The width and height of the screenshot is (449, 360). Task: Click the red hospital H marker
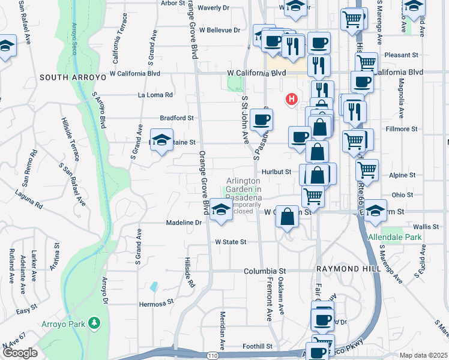[292, 98]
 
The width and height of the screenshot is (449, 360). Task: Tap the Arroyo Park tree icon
[94, 324]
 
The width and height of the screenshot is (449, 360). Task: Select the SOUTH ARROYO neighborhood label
[73, 77]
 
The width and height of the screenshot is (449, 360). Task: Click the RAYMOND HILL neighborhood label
[349, 269]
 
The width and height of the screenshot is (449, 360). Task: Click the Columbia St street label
[265, 271]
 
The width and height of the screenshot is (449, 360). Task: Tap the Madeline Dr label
[184, 223]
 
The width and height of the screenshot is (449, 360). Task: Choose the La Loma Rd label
[155, 95]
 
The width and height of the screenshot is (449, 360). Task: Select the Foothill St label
[258, 346]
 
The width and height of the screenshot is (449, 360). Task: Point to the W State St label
[231, 242]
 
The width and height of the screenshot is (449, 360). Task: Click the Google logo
[20, 353]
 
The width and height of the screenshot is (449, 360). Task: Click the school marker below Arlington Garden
[221, 211]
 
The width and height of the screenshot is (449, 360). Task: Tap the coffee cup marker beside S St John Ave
[261, 119]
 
